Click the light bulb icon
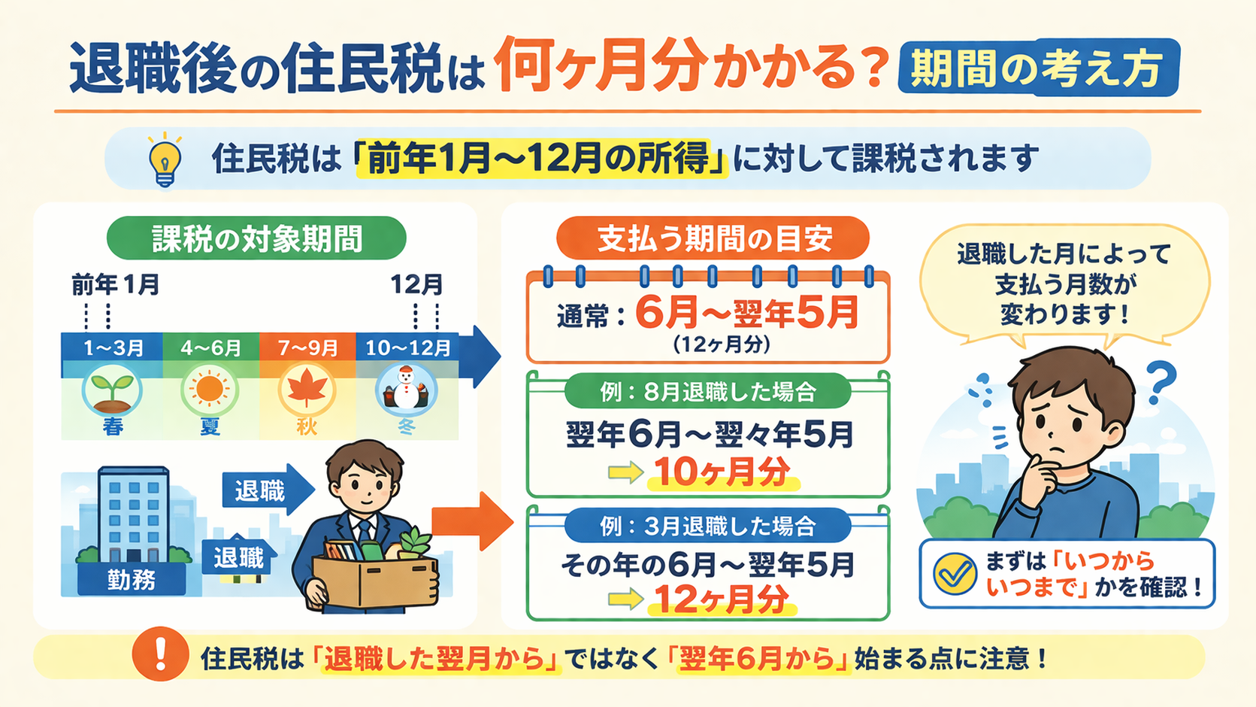click(165, 160)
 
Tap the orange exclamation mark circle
click(161, 654)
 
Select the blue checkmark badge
click(955, 574)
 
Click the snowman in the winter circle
click(406, 388)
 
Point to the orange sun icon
click(210, 388)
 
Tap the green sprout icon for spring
click(112, 390)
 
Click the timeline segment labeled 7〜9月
click(307, 348)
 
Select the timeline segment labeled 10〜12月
click(407, 348)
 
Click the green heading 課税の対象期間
click(257, 238)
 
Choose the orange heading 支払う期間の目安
click(713, 238)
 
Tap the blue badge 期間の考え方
click(1039, 68)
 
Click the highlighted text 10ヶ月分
click(723, 472)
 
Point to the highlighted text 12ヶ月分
click(722, 599)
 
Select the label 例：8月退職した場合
click(707, 392)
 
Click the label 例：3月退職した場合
click(707, 526)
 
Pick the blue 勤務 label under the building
click(132, 580)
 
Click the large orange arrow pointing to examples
click(472, 522)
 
